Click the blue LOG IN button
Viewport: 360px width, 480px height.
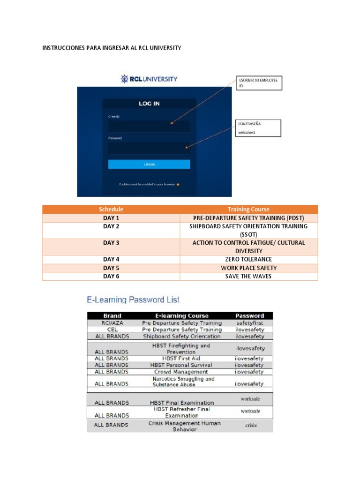(149, 165)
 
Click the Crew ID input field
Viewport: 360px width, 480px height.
(149, 126)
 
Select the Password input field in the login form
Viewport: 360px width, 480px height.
(149, 148)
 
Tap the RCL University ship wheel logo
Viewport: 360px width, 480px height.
(124, 79)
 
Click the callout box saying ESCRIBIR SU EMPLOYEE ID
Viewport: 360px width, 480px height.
(257, 83)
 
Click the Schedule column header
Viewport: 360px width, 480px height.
(111, 210)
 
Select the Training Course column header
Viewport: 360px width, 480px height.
(248, 210)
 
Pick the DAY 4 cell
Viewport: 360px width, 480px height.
(111, 259)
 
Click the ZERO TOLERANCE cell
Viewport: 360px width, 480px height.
(248, 259)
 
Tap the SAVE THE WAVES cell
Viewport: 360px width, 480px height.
(248, 276)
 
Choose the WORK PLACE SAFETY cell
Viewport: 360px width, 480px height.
(248, 268)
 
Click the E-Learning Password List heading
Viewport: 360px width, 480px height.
(133, 300)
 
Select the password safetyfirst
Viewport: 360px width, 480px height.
(249, 323)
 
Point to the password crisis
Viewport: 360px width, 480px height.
(251, 426)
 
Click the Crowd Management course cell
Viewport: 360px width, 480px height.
(181, 372)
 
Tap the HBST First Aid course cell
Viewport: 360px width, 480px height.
(181, 359)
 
